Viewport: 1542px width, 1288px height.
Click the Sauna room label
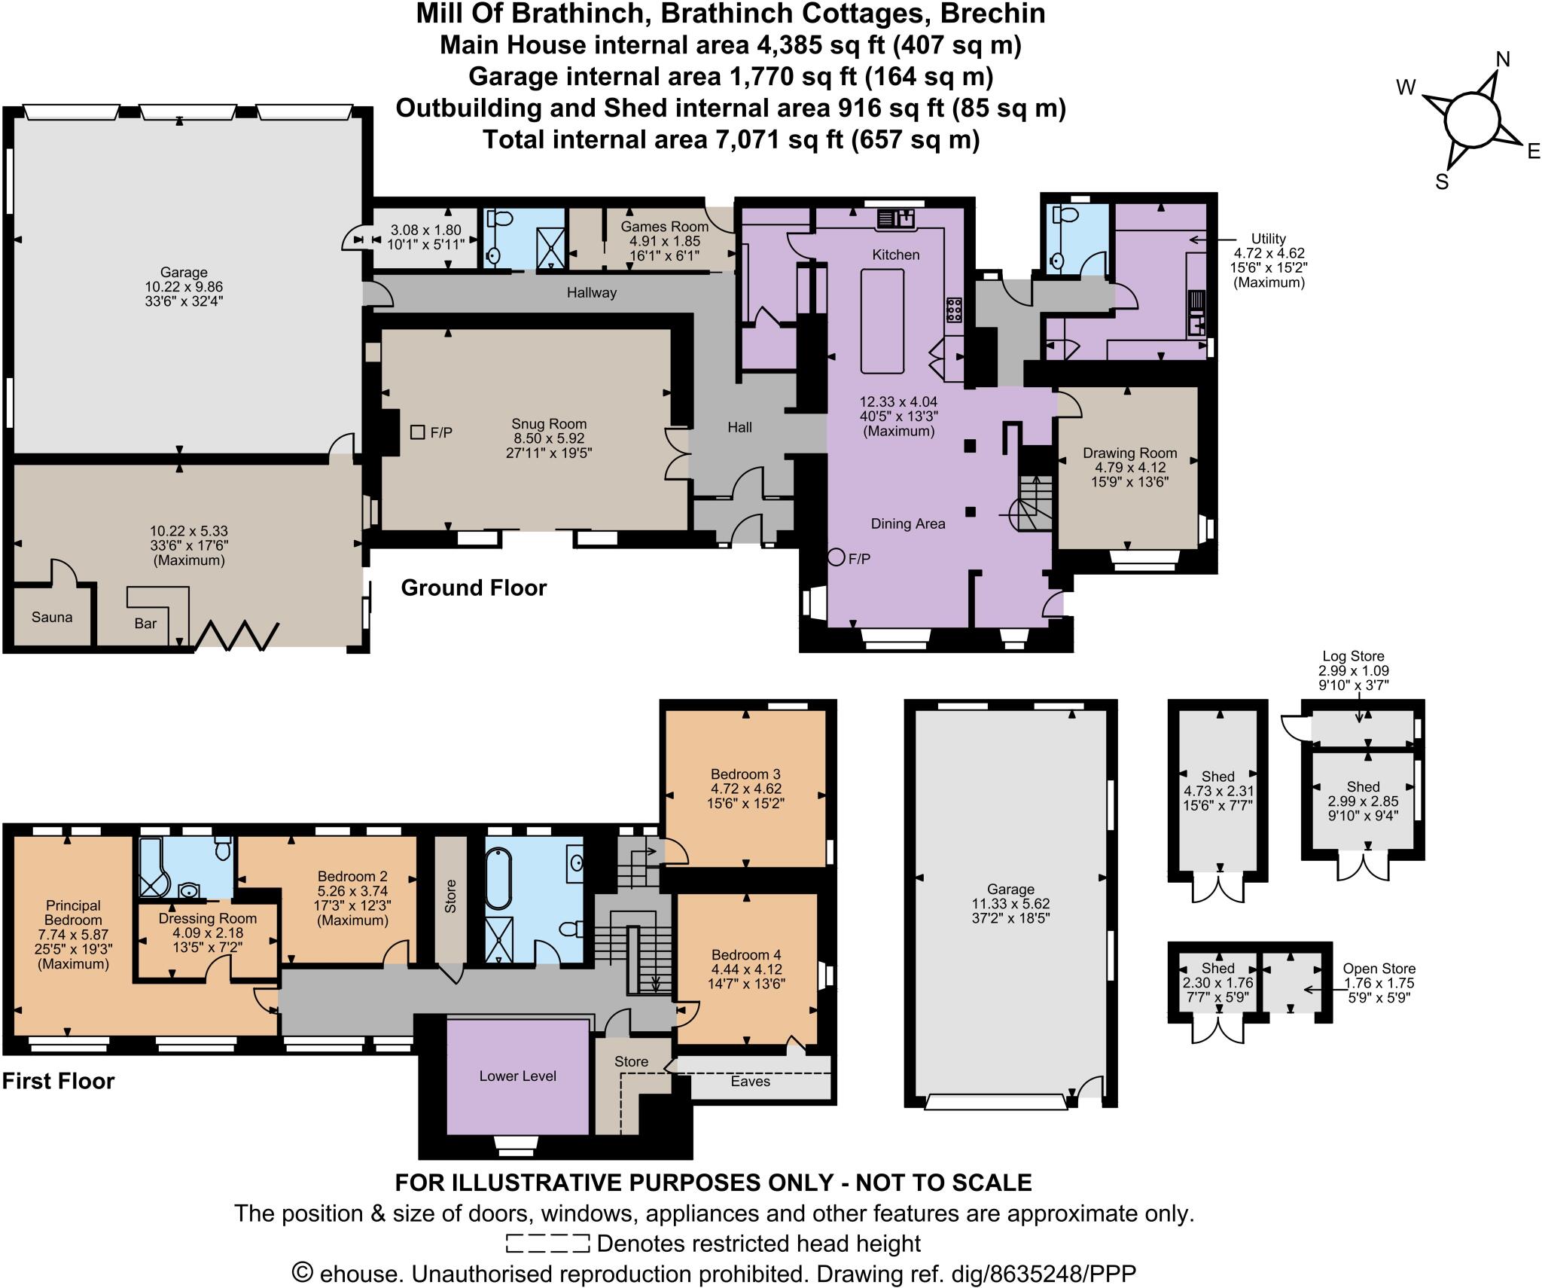click(x=52, y=617)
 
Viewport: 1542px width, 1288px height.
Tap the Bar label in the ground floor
click(x=145, y=623)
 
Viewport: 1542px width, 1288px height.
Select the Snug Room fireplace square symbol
click(x=417, y=432)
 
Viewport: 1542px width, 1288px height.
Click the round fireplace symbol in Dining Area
click(x=836, y=558)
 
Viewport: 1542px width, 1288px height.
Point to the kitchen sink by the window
click(x=895, y=219)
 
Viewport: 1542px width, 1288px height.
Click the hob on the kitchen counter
click(x=954, y=310)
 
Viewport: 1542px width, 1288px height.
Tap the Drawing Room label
click(x=1129, y=453)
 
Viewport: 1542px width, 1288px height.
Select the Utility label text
click(x=1268, y=239)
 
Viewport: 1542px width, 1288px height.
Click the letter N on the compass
click(x=1502, y=60)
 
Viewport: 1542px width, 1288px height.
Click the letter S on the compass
click(x=1442, y=182)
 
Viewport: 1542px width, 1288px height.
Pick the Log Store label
click(x=1353, y=656)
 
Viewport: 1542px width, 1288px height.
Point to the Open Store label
click(x=1379, y=969)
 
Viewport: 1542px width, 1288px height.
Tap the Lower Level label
click(x=517, y=1076)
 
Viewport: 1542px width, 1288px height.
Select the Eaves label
click(x=750, y=1081)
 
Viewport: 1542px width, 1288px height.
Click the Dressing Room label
click(x=207, y=918)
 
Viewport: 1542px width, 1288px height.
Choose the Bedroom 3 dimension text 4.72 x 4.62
click(x=745, y=789)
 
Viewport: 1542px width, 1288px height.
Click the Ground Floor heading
click(x=473, y=588)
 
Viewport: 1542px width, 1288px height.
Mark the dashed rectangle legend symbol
click(x=547, y=1243)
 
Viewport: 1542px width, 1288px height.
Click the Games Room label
click(x=664, y=226)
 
